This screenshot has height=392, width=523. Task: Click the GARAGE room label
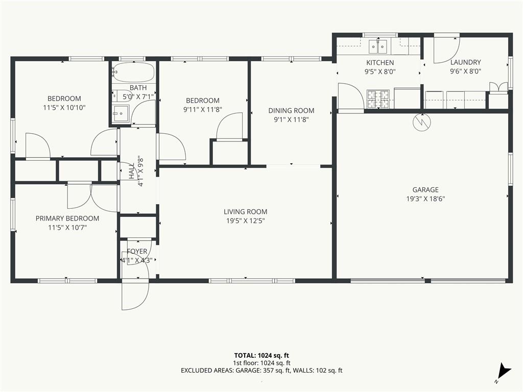point(425,190)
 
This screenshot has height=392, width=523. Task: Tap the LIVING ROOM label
point(246,212)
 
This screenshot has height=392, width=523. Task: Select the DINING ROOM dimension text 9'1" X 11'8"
point(291,119)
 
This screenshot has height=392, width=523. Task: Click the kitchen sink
point(378,46)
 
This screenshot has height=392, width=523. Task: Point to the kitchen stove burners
point(378,99)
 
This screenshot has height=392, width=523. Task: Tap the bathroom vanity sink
point(121,114)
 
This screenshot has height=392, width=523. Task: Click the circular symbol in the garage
point(421,122)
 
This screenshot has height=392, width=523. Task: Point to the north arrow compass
point(503,372)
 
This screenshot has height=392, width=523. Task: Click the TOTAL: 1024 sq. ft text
point(261,355)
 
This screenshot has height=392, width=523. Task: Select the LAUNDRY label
point(466,62)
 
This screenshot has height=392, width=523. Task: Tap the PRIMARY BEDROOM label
point(67,218)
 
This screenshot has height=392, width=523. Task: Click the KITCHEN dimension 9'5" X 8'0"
point(380,71)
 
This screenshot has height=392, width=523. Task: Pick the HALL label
point(131,171)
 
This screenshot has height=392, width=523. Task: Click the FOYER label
point(137,251)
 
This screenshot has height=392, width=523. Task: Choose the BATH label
point(138,88)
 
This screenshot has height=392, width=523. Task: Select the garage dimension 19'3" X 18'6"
point(425,199)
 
